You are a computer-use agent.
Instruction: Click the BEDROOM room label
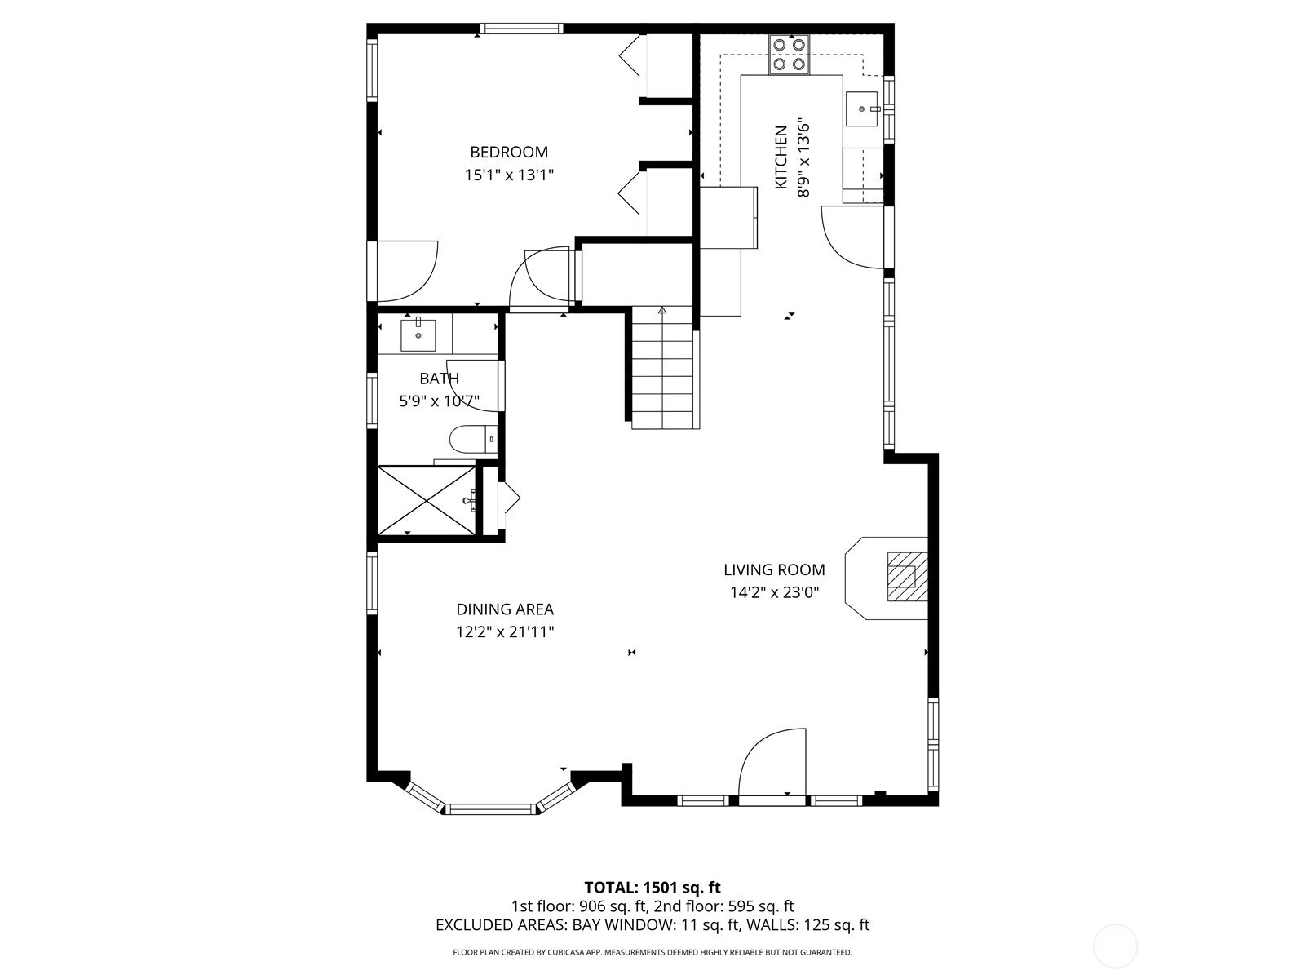coord(509,153)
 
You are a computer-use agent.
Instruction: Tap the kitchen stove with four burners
coord(790,55)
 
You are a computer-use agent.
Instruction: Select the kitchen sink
coord(861,109)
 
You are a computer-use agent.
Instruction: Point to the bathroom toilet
coord(473,441)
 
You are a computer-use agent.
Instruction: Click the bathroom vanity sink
coord(418,335)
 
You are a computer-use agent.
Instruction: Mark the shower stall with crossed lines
coord(427,500)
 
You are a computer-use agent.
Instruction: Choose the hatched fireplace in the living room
coord(907,577)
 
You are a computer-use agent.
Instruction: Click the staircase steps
coord(662,368)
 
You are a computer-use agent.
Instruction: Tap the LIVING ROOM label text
coord(774,569)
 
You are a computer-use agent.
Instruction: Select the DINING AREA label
coord(505,609)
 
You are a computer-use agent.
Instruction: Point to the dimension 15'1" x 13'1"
coord(509,175)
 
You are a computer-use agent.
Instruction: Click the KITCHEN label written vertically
coord(781,157)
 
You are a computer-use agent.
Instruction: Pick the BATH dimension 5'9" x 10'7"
coord(439,401)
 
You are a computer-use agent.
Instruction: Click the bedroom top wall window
coord(521,28)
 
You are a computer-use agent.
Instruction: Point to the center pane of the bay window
coord(491,808)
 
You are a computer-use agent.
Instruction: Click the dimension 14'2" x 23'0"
coord(775,592)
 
